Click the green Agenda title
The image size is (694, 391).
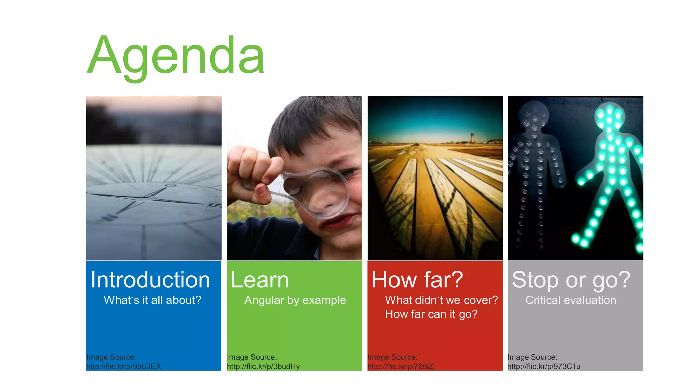click(x=176, y=56)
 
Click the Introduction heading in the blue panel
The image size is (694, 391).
click(x=150, y=280)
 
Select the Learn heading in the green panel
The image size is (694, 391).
click(x=260, y=280)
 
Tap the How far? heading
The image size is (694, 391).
click(x=417, y=280)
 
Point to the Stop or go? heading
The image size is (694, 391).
click(x=571, y=280)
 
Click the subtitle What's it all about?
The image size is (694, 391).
click(x=152, y=300)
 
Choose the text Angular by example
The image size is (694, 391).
click(x=295, y=300)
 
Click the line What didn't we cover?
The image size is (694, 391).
click(x=441, y=300)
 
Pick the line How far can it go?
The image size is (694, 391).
click(x=431, y=314)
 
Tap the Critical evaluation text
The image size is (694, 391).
click(x=571, y=300)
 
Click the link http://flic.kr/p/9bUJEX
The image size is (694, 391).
click(x=124, y=367)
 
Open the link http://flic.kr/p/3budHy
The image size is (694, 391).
click(x=263, y=367)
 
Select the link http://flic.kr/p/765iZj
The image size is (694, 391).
click(x=401, y=367)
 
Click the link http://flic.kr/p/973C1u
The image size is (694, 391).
click(x=544, y=367)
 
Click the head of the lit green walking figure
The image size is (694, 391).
click(x=610, y=115)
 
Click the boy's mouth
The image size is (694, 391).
click(x=335, y=222)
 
